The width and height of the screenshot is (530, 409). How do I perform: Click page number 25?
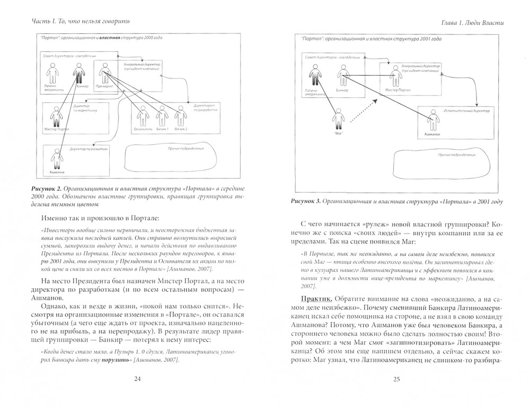pos(396,378)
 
